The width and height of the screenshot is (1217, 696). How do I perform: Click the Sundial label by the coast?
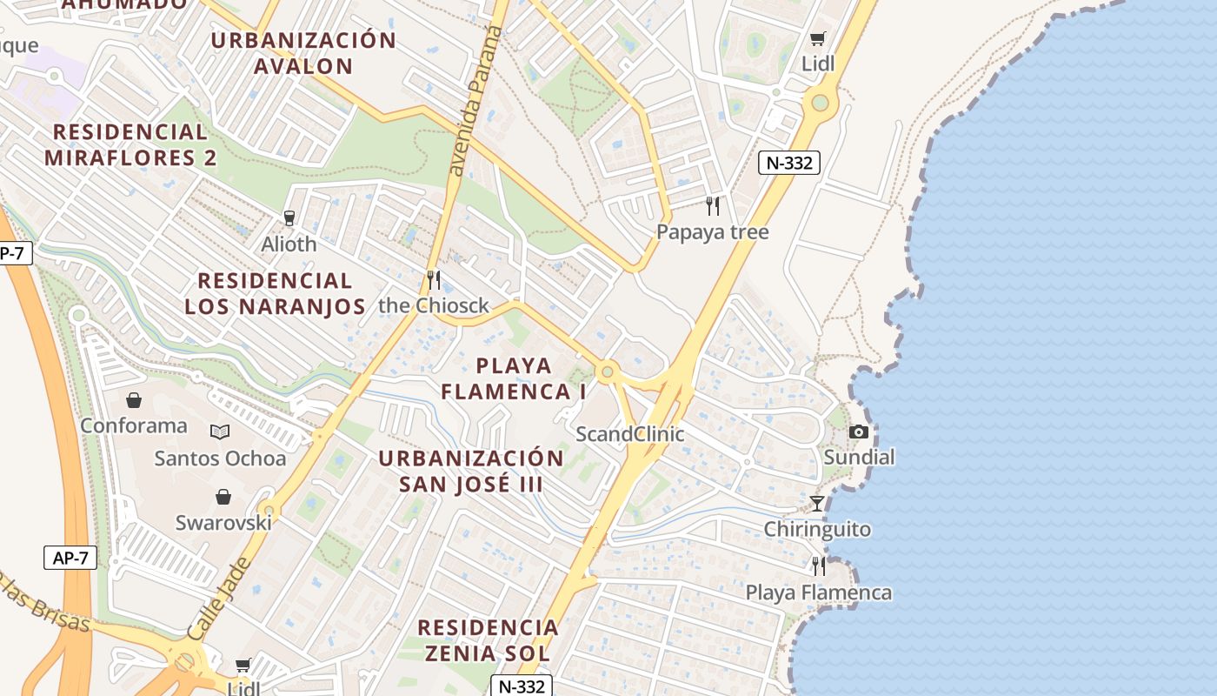coord(859,458)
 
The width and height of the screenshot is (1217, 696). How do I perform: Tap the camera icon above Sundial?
coord(859,432)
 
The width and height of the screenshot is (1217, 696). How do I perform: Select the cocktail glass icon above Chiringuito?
coord(817,503)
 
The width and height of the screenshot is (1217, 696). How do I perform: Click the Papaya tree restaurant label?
coord(712,232)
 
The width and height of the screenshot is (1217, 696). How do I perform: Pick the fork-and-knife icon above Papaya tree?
coord(713,206)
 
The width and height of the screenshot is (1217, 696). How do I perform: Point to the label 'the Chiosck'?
coord(434,306)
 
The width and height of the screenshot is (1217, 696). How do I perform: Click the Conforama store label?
coord(134,425)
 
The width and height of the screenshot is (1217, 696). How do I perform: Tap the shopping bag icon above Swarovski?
coord(223,497)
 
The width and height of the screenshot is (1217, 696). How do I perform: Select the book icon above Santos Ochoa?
coord(220,432)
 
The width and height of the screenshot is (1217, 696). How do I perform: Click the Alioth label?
coord(289,244)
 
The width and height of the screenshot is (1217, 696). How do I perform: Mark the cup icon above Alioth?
coord(289,217)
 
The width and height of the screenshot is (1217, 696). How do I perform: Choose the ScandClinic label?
coord(630,434)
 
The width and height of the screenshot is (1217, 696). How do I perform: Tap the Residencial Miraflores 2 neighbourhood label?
coord(130,145)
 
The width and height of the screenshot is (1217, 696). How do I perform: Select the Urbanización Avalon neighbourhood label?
coord(303,53)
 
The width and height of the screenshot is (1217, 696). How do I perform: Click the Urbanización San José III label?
coord(471,471)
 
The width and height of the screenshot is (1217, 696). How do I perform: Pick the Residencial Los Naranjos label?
coord(275,293)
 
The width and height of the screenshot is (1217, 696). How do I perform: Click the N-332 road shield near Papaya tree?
coord(789,163)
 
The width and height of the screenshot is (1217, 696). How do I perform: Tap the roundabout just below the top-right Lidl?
coord(820,104)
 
